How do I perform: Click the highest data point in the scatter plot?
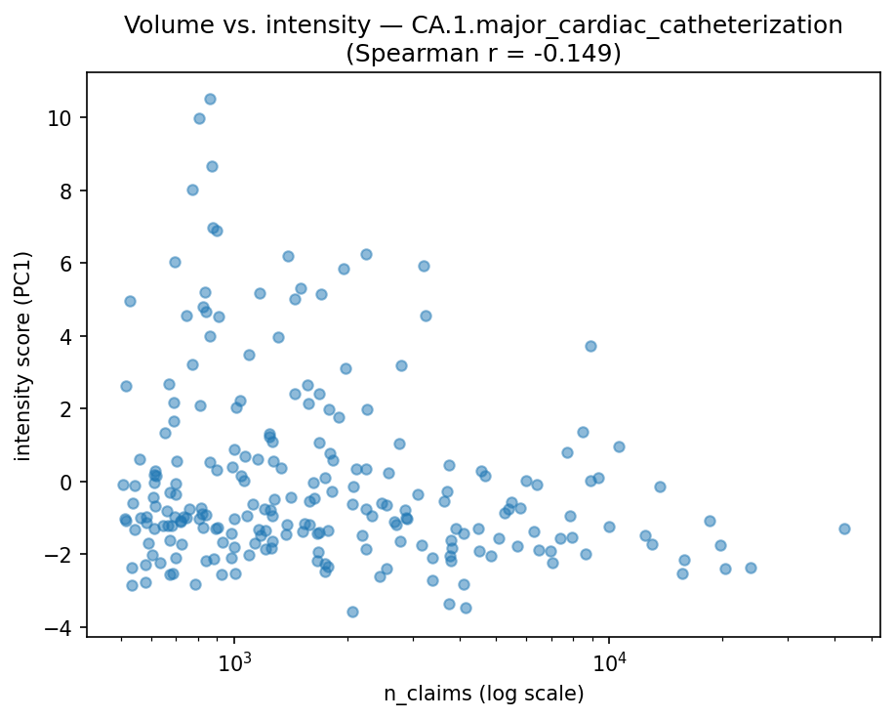pyautogui.click(x=210, y=99)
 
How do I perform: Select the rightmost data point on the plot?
pyautogui.click(x=844, y=529)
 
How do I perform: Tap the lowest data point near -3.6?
pyautogui.click(x=352, y=612)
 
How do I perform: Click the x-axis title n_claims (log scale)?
pyautogui.click(x=483, y=694)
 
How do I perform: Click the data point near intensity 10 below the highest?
pyautogui.click(x=199, y=118)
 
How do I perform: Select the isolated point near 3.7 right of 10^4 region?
pyautogui.click(x=590, y=346)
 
